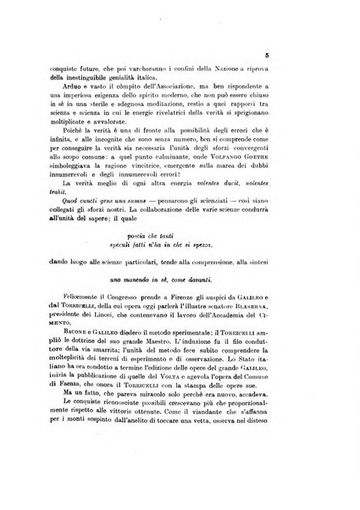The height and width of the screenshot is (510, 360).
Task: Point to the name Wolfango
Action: tap(259, 176)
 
